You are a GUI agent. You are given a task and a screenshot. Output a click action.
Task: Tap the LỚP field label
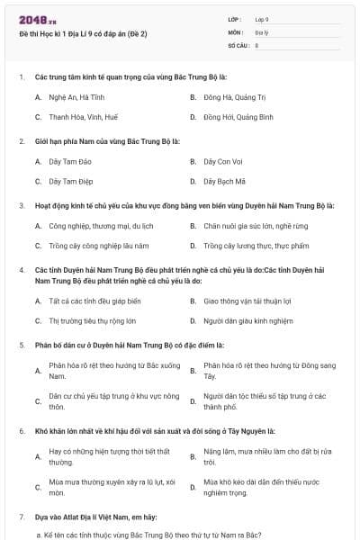tap(235, 19)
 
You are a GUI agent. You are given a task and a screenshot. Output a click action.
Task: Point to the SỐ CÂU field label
tap(238, 44)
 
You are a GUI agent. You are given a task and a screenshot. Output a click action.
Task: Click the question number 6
tap(22, 431)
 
